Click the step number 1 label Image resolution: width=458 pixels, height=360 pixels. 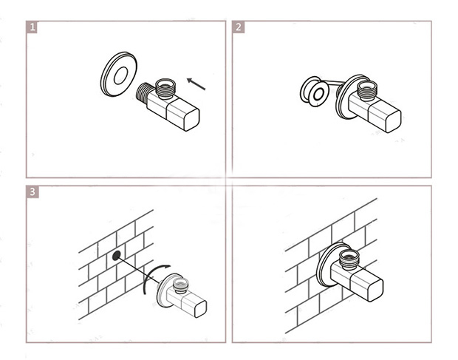[x=32, y=27]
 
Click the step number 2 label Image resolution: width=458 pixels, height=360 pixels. [x=239, y=27]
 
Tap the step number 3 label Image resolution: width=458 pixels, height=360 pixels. [x=33, y=191]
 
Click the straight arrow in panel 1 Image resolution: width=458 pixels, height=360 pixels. [x=196, y=84]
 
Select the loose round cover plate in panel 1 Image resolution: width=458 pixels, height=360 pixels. [x=119, y=74]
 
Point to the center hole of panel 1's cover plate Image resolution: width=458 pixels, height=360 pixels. [x=120, y=75]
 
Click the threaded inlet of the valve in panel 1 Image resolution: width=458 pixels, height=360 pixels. [x=143, y=92]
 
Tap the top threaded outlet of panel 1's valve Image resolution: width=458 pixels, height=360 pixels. [x=165, y=88]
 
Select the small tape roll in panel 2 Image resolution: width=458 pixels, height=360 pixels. [x=314, y=92]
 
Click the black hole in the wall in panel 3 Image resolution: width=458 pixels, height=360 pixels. [x=116, y=255]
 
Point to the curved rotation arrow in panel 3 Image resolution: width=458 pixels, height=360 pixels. [x=151, y=277]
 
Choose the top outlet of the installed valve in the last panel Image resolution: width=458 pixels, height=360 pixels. [x=349, y=259]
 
